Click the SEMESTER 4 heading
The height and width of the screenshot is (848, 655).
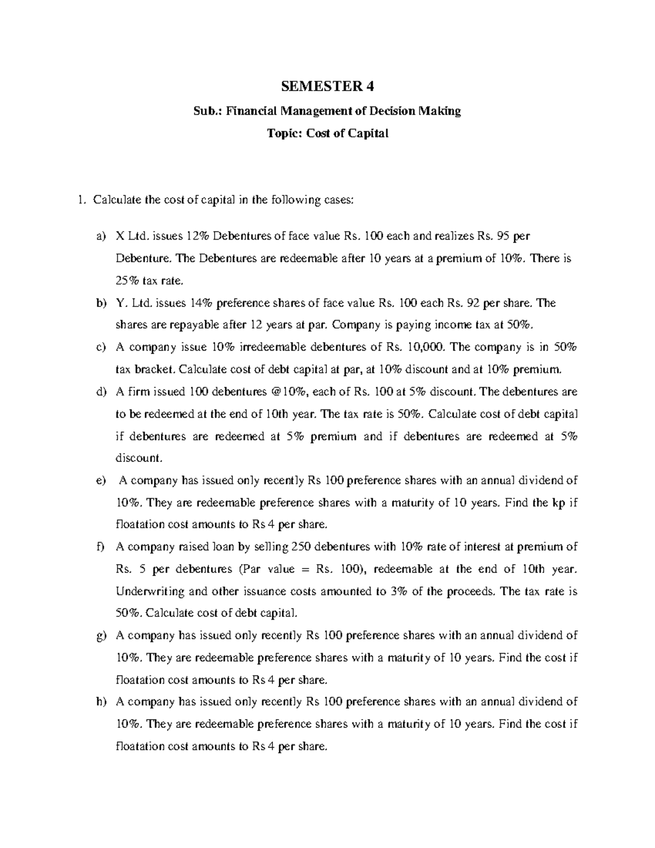pos(328,86)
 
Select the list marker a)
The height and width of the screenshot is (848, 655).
pos(99,236)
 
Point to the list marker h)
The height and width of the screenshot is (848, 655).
pos(99,702)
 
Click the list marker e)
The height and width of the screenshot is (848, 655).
pos(99,481)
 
